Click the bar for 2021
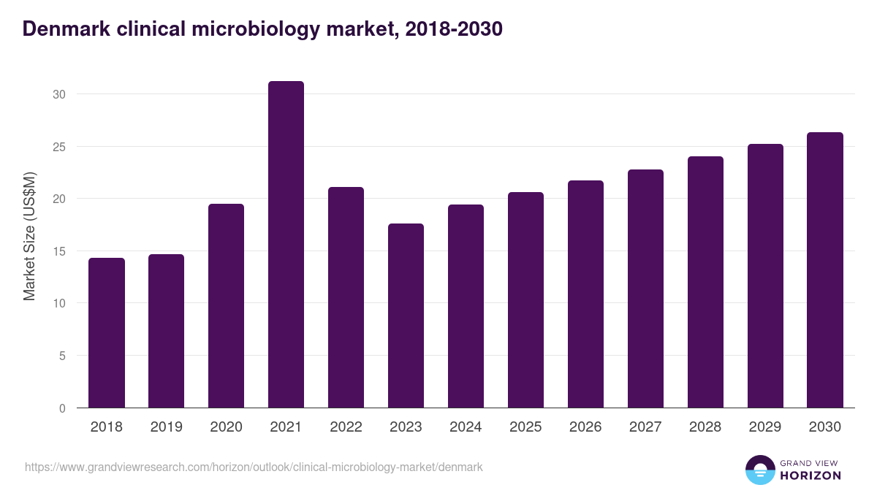tap(286, 245)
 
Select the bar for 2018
tap(107, 333)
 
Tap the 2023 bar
tap(406, 316)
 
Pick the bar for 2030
tap(825, 270)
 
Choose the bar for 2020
tap(226, 306)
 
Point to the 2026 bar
tap(585, 294)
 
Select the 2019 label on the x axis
tap(166, 427)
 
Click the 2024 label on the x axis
tap(466, 427)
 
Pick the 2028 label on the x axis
tap(705, 427)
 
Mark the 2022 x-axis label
tap(346, 427)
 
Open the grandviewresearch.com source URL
tap(254, 467)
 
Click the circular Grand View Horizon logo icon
tap(759, 470)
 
